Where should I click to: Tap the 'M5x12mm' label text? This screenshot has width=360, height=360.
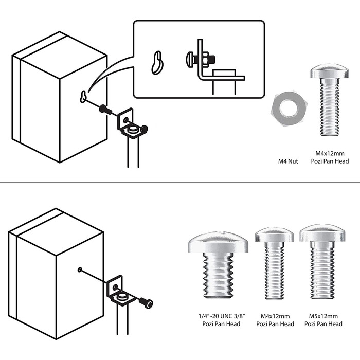(323, 316)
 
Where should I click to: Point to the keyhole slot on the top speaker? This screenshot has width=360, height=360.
(82, 96)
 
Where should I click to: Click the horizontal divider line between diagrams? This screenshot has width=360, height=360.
(180, 182)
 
